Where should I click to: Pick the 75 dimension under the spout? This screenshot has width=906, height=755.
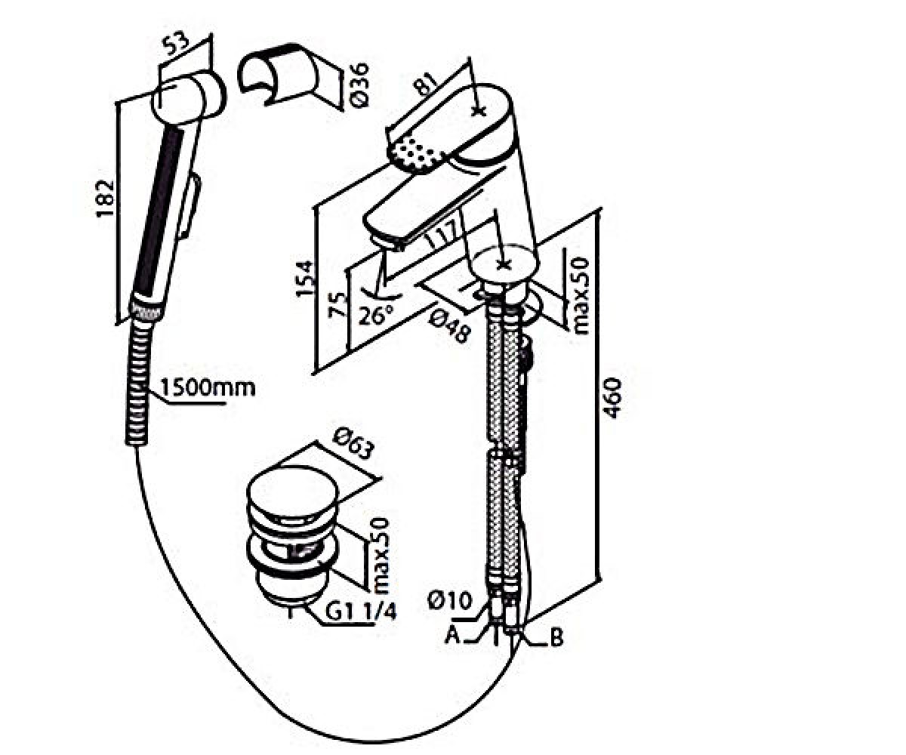pos(338,305)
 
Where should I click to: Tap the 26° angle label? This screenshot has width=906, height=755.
pos(376,315)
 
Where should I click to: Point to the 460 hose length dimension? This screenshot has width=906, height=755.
pos(612,397)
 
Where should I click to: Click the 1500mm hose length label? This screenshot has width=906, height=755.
pos(208,387)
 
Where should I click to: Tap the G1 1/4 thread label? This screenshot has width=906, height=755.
pos(361,612)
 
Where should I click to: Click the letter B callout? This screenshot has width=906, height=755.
pos(556,637)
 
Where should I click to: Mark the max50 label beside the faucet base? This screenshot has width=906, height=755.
pos(580,296)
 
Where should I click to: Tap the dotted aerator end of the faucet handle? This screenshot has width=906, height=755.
pos(415,153)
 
